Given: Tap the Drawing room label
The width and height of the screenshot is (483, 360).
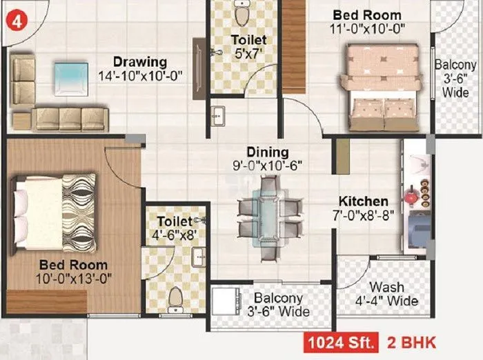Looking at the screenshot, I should (140, 62).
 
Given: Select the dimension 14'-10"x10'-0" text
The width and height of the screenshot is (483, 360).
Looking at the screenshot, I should (140, 77).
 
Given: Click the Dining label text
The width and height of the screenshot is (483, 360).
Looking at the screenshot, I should (268, 152).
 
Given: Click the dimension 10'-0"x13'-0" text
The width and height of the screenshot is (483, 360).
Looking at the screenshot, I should (73, 278).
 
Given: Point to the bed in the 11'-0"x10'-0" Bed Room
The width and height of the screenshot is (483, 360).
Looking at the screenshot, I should (383, 87).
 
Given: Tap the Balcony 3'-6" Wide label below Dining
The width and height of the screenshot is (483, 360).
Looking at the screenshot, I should (281, 305).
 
